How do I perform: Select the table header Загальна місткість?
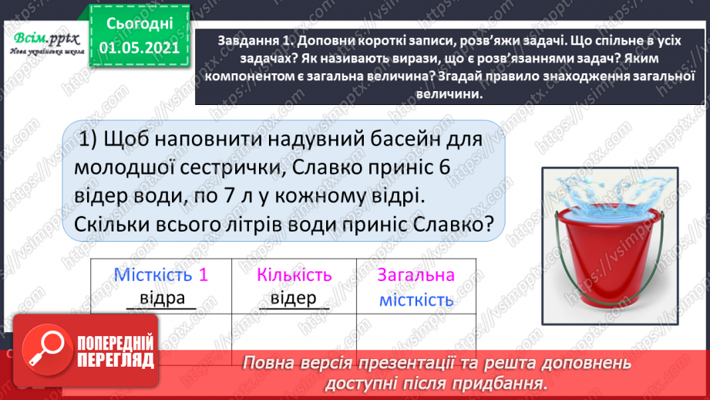416,287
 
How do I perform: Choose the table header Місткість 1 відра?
161,286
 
